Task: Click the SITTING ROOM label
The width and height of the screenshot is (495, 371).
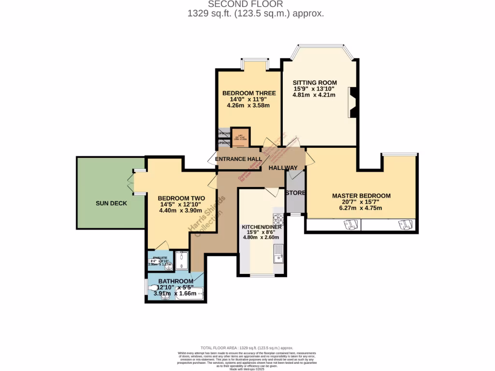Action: pos(315,83)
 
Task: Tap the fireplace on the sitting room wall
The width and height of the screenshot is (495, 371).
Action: pos(352,102)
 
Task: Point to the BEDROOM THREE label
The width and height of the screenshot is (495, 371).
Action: pos(249,93)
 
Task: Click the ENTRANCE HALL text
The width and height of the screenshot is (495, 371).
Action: pos(238,159)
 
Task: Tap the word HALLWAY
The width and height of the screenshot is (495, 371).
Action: pos(283,168)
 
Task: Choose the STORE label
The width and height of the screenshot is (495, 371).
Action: pos(295,193)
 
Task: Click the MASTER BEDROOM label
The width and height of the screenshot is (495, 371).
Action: pos(361,196)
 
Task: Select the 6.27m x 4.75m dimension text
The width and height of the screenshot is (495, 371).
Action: pos(361,208)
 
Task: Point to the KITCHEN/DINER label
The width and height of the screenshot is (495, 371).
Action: pos(262,227)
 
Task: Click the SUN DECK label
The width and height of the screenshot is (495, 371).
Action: pos(111,203)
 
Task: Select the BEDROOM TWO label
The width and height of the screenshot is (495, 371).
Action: pos(181,199)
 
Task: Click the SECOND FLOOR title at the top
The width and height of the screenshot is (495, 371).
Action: pos(256,4)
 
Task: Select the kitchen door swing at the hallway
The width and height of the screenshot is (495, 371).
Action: pos(274,192)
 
